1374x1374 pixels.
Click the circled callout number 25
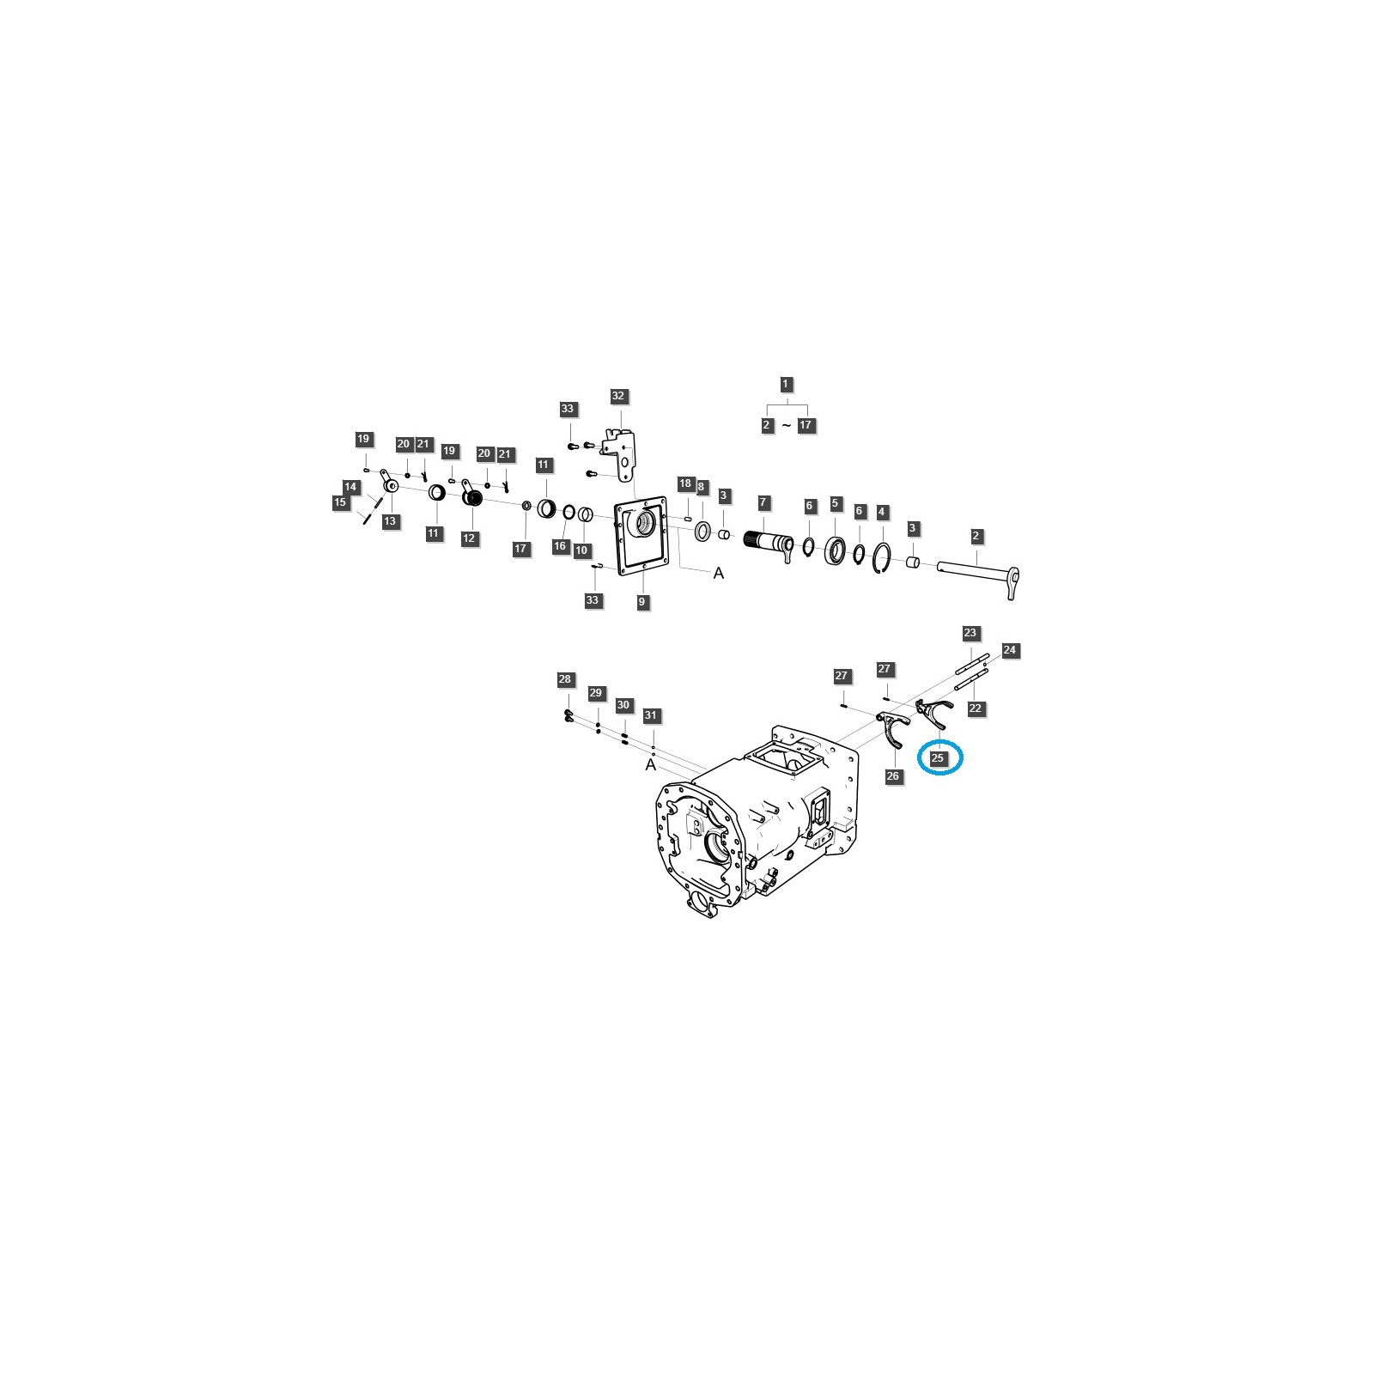click(x=937, y=758)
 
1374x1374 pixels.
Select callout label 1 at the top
click(x=786, y=384)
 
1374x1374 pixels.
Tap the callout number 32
click(x=618, y=396)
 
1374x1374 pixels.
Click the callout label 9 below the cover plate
click(x=641, y=602)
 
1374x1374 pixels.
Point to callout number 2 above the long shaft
click(x=976, y=536)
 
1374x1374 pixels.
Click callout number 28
click(x=564, y=679)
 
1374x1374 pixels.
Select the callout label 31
click(x=650, y=715)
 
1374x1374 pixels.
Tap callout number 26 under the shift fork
click(x=893, y=776)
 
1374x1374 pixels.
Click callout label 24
click(x=1009, y=650)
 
